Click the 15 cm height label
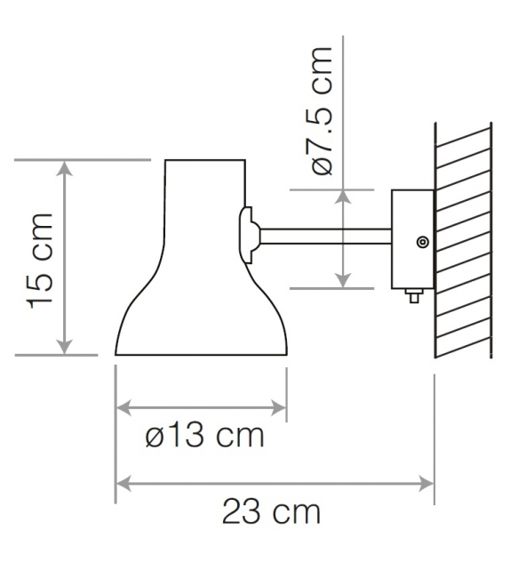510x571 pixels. coord(42,259)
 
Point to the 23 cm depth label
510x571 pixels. coord(270,512)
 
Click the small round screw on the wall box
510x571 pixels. coord(421,242)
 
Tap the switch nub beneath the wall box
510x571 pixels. coord(412,295)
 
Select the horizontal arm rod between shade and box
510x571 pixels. coord(324,236)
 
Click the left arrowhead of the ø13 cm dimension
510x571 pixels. coord(124,408)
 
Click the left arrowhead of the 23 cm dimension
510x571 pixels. coord(124,484)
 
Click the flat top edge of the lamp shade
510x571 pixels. coord(205,160)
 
